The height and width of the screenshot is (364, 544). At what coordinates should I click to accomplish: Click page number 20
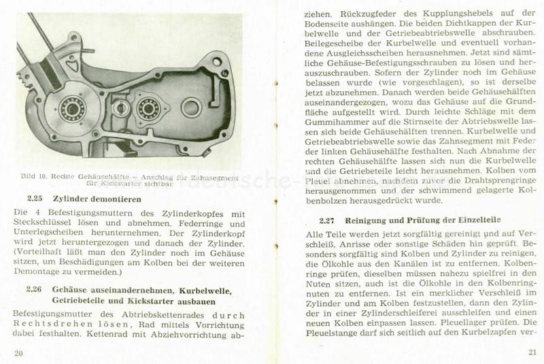point(18,352)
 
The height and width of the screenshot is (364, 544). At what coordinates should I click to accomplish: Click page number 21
point(531,352)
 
